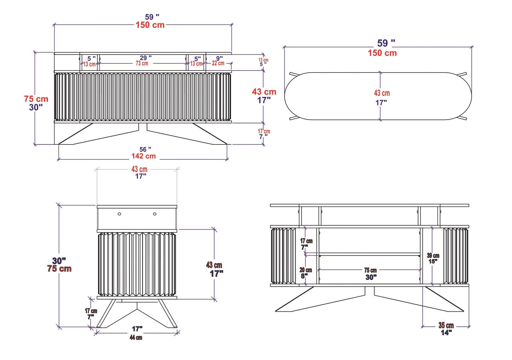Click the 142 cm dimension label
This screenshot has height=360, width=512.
(144, 156)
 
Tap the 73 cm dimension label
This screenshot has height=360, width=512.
(142, 63)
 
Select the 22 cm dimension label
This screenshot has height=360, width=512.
(218, 63)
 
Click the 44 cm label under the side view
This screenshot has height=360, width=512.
(136, 338)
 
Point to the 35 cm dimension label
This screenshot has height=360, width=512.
(446, 325)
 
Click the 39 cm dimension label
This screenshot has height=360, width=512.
(433, 256)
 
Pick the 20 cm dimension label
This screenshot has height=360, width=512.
(306, 270)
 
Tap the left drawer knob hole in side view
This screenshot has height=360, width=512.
(119, 214)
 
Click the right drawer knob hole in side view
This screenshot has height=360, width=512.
(155, 214)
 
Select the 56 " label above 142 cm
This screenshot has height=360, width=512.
(145, 149)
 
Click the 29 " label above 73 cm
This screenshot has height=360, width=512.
(145, 58)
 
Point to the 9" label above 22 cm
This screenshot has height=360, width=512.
(219, 58)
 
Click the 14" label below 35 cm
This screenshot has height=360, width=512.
(446, 333)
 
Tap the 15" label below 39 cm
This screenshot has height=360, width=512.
(433, 262)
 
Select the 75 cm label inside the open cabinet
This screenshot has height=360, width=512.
(370, 270)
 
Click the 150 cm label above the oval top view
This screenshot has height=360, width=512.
(382, 53)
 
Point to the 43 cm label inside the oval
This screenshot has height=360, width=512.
(382, 93)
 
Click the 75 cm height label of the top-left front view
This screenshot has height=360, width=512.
(36, 99)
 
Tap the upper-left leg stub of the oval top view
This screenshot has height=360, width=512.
(294, 74)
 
